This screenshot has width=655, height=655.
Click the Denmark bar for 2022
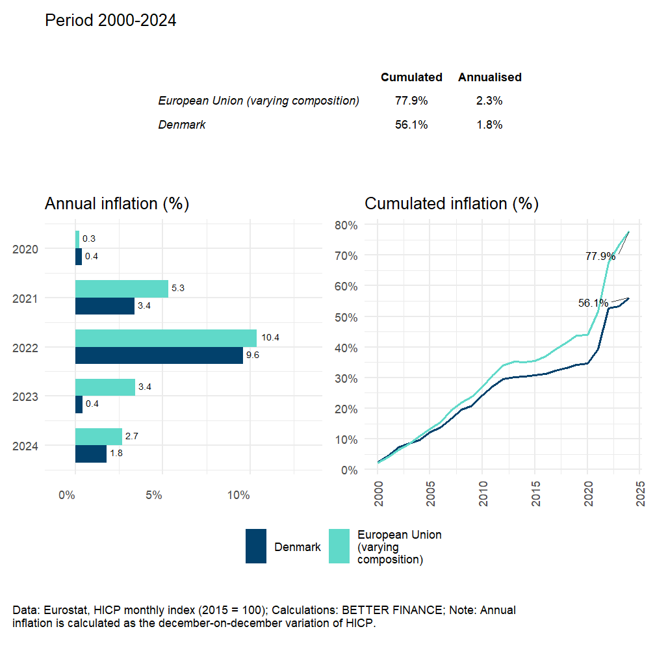(x=159, y=355)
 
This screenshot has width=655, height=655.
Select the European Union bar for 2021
(x=122, y=289)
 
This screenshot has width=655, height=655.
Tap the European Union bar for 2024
(x=99, y=437)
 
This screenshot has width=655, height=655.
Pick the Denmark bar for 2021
(x=105, y=306)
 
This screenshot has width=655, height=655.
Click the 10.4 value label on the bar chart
(x=270, y=338)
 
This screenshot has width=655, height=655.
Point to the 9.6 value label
(x=252, y=355)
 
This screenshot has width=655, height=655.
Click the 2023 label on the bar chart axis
(x=25, y=396)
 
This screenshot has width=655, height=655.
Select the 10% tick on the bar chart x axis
(x=239, y=495)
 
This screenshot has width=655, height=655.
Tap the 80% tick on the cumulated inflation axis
(x=346, y=225)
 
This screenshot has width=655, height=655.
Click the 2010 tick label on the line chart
(x=482, y=496)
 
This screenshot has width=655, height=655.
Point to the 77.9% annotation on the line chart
(x=600, y=257)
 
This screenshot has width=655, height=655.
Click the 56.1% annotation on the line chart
(x=593, y=303)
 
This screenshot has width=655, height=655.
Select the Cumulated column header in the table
(x=411, y=77)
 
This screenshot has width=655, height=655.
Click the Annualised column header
(x=489, y=77)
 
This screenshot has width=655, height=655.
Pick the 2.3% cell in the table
(x=489, y=101)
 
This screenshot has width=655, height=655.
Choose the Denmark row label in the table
(x=182, y=125)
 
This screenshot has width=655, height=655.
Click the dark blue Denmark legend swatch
(x=256, y=546)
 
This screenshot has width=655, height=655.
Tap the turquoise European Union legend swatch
(x=339, y=546)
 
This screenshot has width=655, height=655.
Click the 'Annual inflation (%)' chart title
(x=116, y=203)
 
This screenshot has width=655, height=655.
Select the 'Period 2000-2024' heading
(x=110, y=21)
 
